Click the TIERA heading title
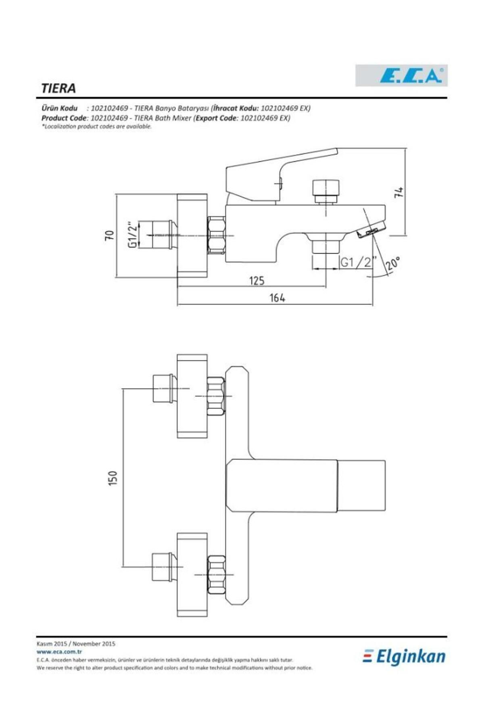pyautogui.click(x=58, y=88)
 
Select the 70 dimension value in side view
pyautogui.click(x=109, y=236)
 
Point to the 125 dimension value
pyautogui.click(x=257, y=280)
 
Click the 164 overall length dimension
pyautogui.click(x=277, y=298)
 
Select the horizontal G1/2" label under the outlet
pyautogui.click(x=357, y=263)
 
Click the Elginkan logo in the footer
pyautogui.click(x=404, y=657)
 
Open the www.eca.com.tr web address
pyautogui.click(x=59, y=651)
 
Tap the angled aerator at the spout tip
pyautogui.click(x=371, y=232)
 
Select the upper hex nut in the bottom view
pyautogui.click(x=216, y=396)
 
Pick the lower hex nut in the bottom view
pyautogui.click(x=216, y=574)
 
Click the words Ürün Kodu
pyautogui.click(x=59, y=108)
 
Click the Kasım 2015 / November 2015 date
pyautogui.click(x=76, y=644)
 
